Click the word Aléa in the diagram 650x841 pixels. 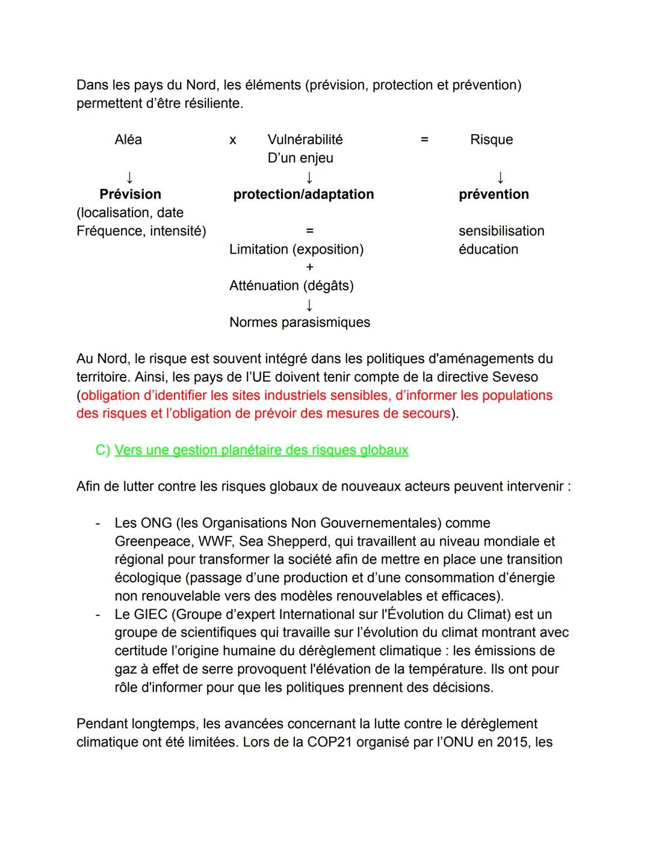128,140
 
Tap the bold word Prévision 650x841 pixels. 130,194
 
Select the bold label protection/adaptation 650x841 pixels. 303,194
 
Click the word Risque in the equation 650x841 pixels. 491,140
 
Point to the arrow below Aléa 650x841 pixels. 128,177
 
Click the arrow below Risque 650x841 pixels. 500,178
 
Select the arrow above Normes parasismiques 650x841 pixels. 309,305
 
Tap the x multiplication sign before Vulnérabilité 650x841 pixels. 233,140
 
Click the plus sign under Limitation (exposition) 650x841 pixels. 309,267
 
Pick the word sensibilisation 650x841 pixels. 501,231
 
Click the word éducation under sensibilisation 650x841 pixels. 488,249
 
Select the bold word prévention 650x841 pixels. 494,194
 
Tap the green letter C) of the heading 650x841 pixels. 103,450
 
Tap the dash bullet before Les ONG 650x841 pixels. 97,523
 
